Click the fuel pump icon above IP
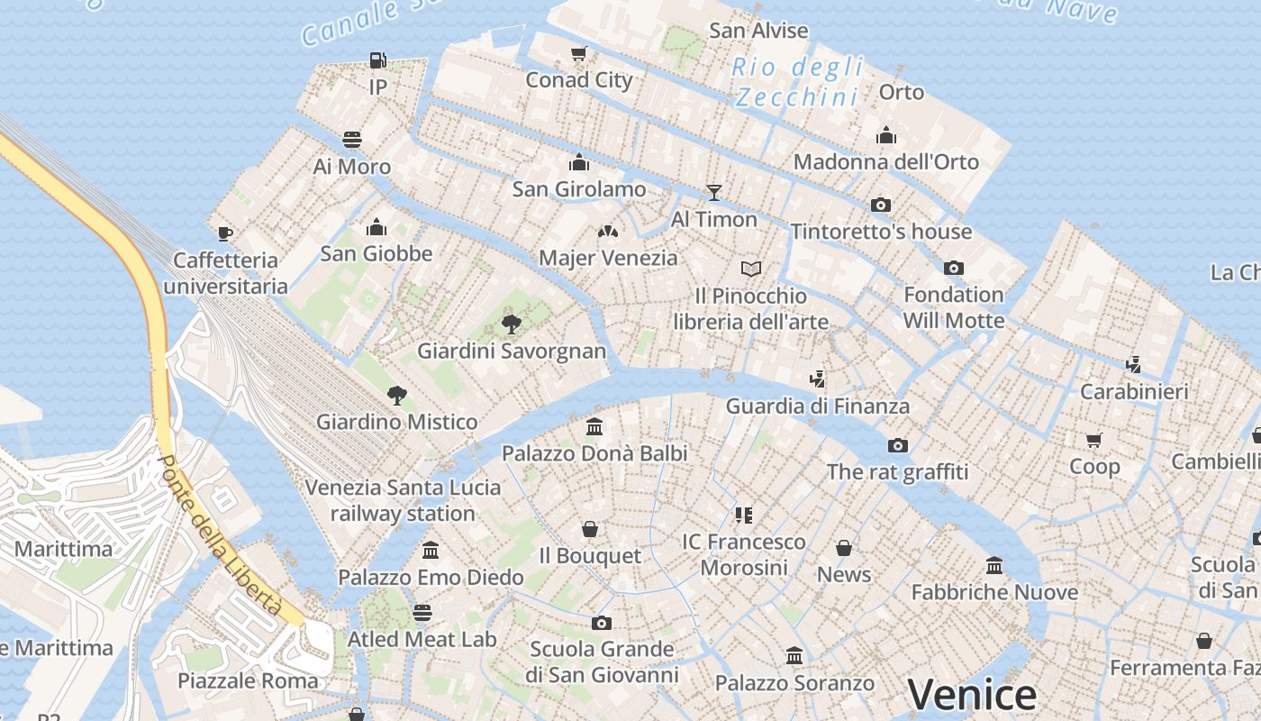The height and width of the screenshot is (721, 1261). tap(378, 60)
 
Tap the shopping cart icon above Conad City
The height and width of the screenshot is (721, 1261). tap(579, 53)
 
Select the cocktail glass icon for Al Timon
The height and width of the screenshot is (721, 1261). tap(714, 192)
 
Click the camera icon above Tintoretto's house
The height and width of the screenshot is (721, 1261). tap(881, 205)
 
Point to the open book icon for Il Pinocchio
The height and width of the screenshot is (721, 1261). tap(751, 269)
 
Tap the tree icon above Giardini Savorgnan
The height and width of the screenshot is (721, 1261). tap(512, 324)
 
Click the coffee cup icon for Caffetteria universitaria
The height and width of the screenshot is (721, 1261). tap(225, 233)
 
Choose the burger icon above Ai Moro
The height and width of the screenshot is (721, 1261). tap(352, 140)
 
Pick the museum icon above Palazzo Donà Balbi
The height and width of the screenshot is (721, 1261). tap(594, 426)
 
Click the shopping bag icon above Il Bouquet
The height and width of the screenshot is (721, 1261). tap(590, 529)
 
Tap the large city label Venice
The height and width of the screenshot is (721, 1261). tap(972, 694)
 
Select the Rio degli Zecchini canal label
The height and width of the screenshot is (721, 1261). tap(797, 82)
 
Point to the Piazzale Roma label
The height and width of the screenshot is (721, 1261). tap(248, 680)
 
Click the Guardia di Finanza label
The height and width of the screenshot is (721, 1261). tap(818, 406)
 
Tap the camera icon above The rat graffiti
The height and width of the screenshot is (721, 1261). tap(897, 445)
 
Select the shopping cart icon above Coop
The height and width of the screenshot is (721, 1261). tap(1094, 440)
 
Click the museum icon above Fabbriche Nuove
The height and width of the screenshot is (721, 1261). tap(994, 565)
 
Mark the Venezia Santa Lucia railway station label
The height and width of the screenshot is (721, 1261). tap(403, 500)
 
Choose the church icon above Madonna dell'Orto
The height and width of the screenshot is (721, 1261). tap(886, 135)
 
